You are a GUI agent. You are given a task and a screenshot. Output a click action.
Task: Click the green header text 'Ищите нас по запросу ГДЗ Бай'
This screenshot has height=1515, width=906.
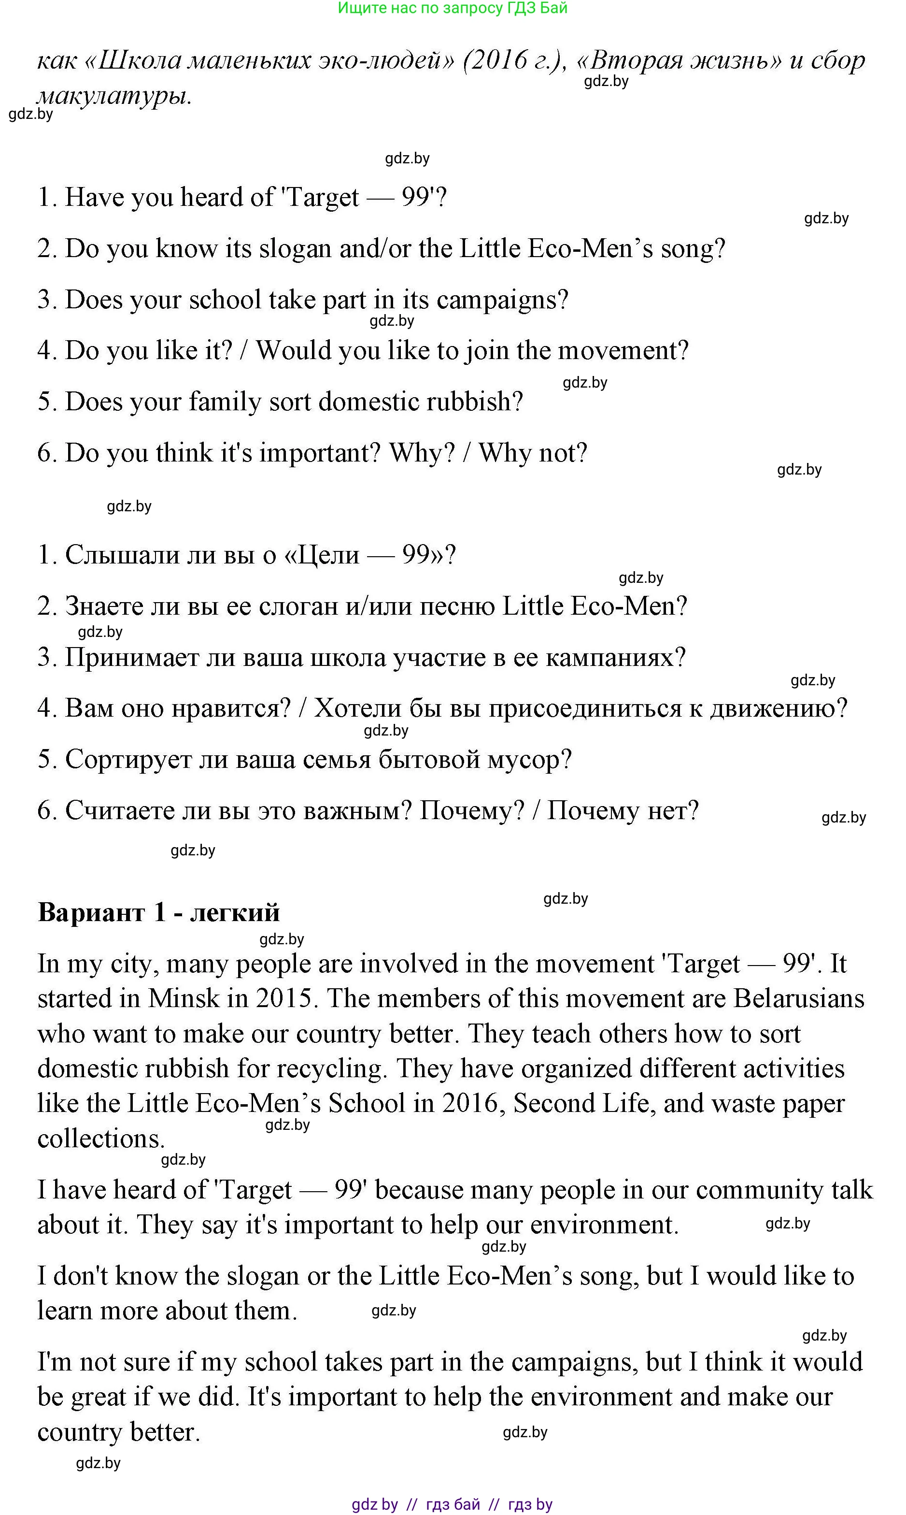click(453, 8)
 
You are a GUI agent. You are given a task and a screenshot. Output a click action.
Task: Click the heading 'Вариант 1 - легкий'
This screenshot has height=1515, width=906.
click(159, 912)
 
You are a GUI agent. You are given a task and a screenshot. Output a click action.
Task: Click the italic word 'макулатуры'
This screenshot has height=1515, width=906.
click(114, 96)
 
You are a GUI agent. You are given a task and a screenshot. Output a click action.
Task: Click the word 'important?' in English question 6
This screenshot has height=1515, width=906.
click(320, 453)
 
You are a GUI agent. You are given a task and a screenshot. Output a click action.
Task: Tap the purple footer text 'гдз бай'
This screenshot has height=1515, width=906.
click(453, 1504)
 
